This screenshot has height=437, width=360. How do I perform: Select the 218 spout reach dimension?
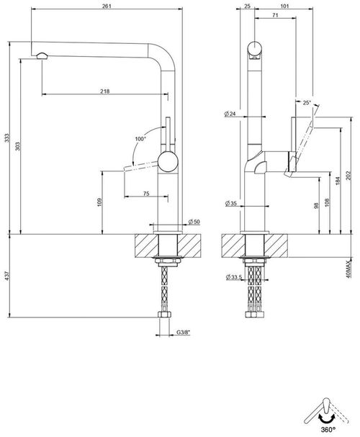pos(105,91)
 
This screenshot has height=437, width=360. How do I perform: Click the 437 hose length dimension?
pos(7,274)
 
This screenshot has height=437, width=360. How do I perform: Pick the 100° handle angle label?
pos(139,138)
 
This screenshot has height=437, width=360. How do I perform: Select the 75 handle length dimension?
pos(146,193)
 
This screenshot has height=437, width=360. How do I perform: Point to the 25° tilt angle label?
pos(307,103)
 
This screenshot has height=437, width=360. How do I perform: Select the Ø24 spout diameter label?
pos(230,113)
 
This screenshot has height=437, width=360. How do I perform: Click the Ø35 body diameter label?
pos(230,204)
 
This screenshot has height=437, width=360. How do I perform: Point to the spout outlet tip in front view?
pos(41,56)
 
